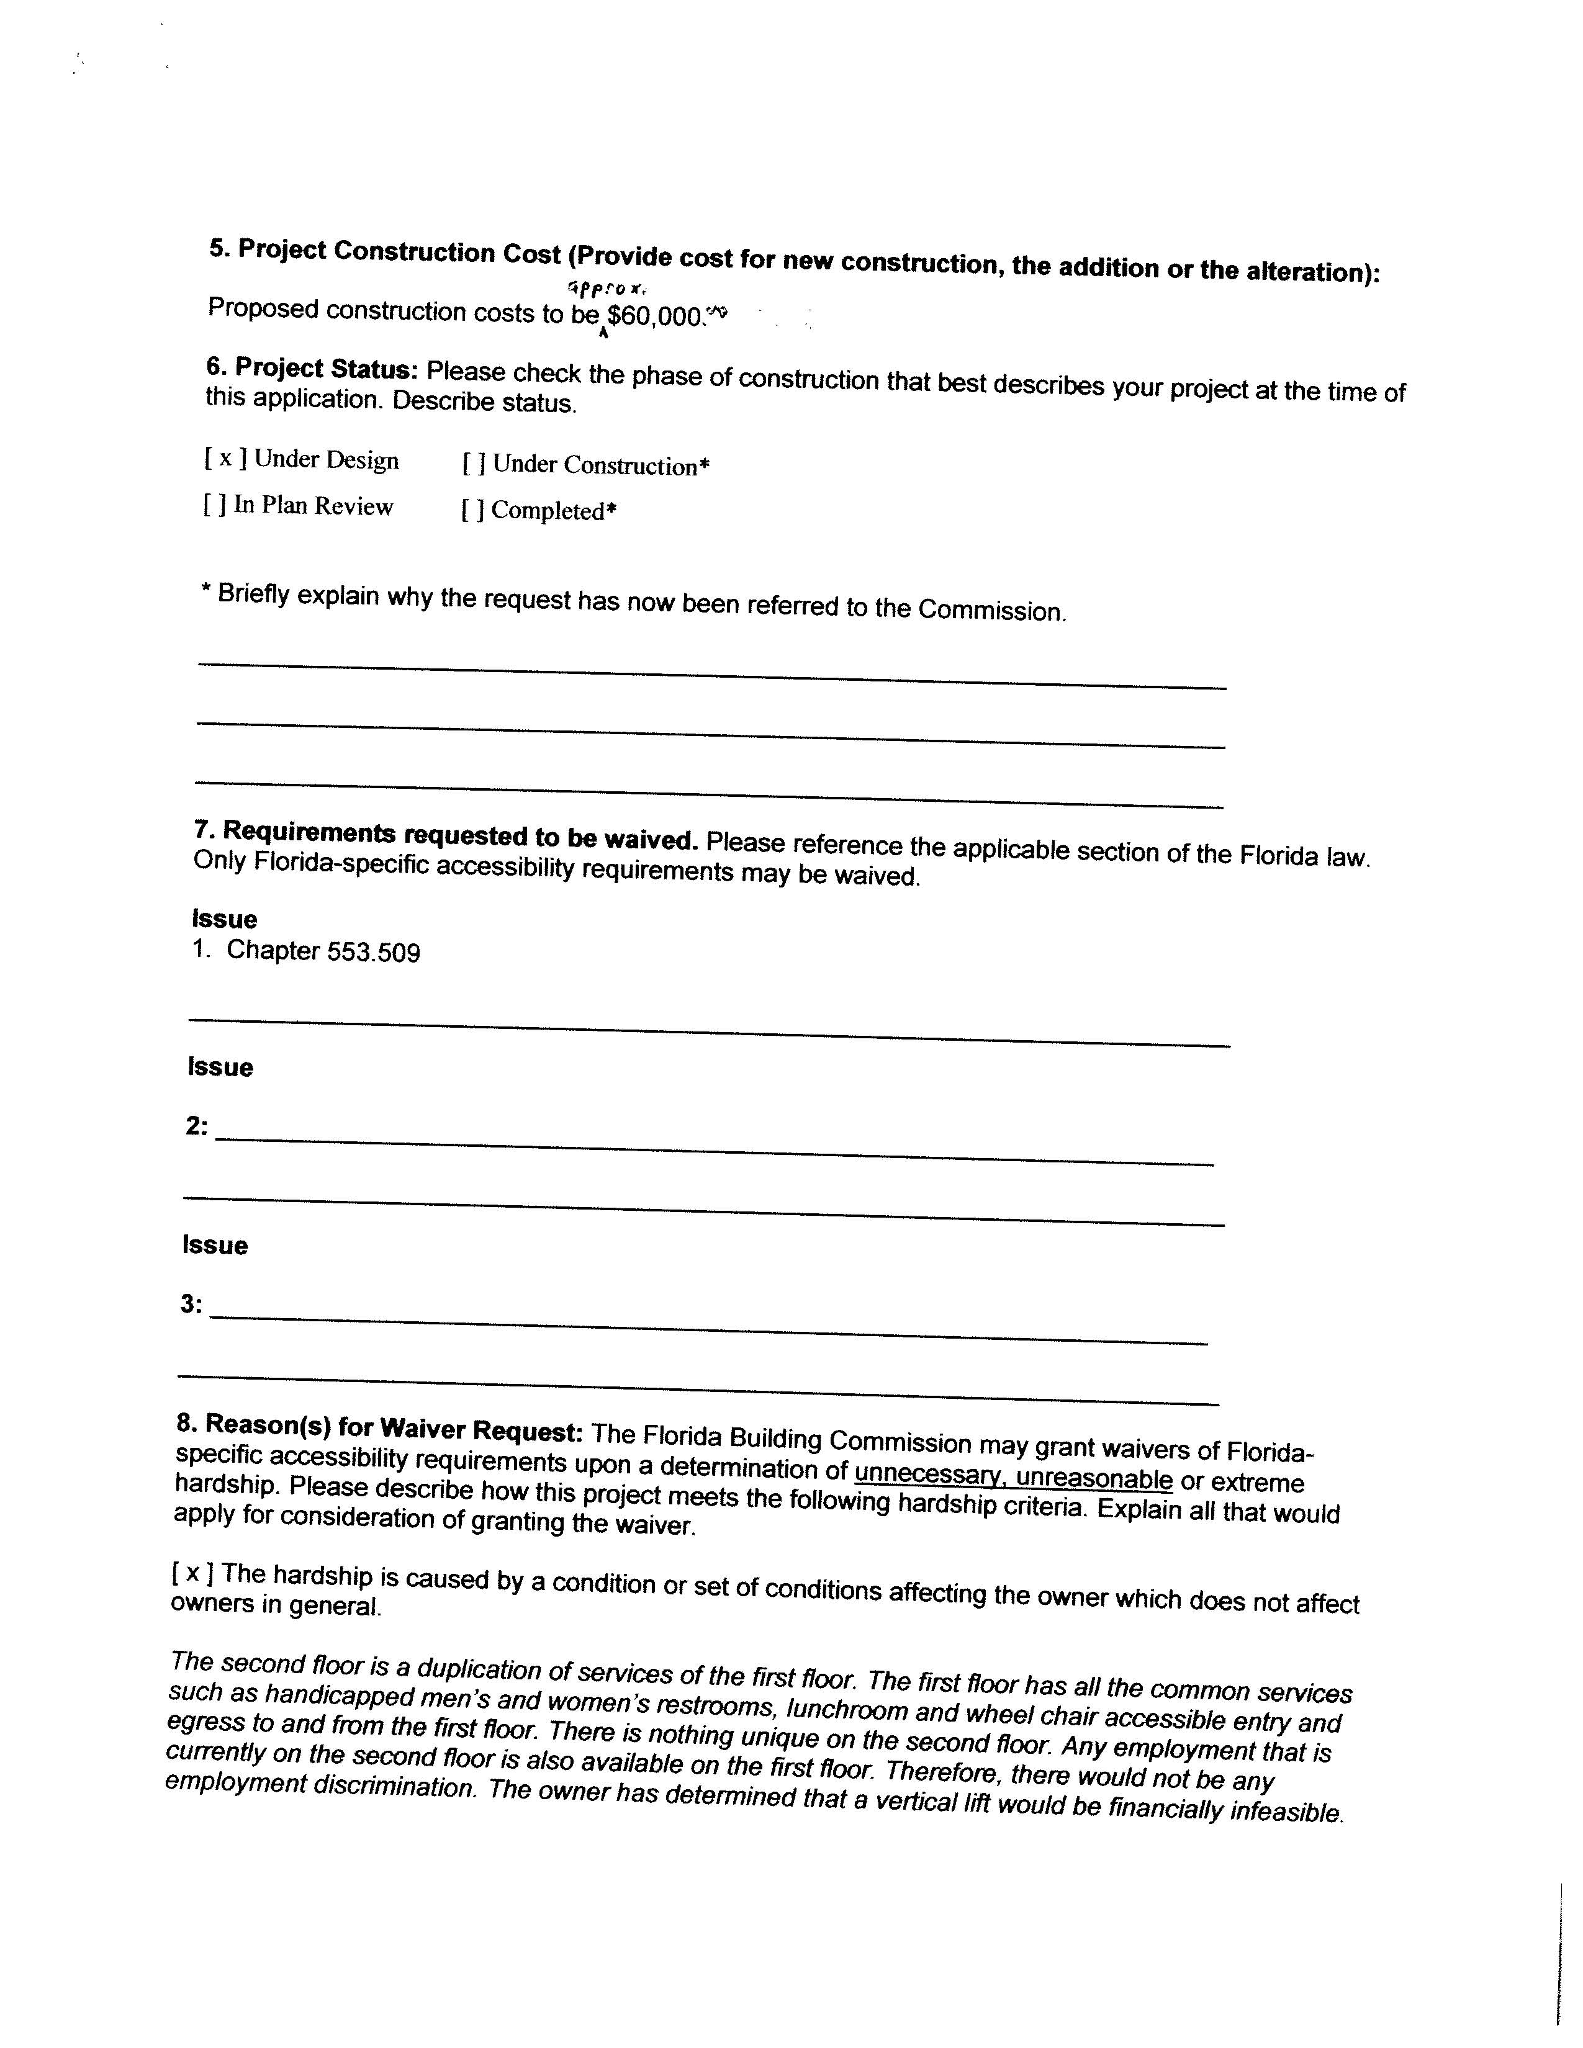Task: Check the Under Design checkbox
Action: click(x=225, y=459)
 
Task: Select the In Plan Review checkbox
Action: click(x=214, y=505)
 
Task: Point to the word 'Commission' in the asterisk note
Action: click(x=991, y=611)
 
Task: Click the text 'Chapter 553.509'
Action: click(x=323, y=952)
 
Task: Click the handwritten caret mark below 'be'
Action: click(x=603, y=331)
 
